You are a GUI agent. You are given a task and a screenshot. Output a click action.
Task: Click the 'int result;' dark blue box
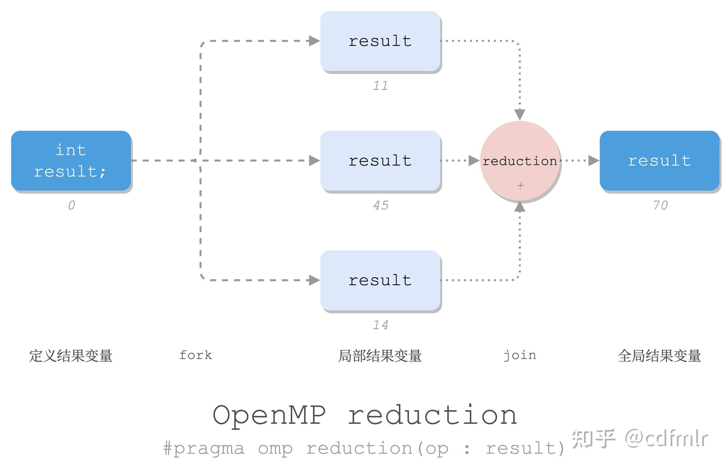point(71,161)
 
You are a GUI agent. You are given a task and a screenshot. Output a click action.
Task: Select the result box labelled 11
point(380,41)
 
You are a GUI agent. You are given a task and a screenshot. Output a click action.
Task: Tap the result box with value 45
point(380,161)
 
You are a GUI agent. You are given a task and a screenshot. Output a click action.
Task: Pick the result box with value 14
point(380,280)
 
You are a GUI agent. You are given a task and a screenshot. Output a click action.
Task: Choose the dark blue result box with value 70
point(659,161)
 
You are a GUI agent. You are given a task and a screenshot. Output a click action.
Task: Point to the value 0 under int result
point(72,205)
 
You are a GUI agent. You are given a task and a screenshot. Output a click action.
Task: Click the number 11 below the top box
point(380,86)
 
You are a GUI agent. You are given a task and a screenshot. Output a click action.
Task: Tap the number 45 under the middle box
point(381,205)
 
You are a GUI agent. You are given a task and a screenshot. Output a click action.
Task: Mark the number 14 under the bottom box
point(380,325)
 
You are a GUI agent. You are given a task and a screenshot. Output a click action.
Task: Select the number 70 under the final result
point(660,205)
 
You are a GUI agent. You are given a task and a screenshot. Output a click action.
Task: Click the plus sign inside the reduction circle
point(520,185)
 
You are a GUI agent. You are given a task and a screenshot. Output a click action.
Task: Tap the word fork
point(196,355)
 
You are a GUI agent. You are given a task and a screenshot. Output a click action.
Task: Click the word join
point(519,355)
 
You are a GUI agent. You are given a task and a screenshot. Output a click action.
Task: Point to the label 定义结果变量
point(71,356)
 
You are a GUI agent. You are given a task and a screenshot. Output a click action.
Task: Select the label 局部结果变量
point(380,356)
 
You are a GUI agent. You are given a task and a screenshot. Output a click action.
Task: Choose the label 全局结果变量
point(659,356)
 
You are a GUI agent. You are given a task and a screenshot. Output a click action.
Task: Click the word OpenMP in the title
point(269,415)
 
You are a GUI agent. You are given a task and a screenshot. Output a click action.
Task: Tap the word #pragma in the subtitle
point(204,448)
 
